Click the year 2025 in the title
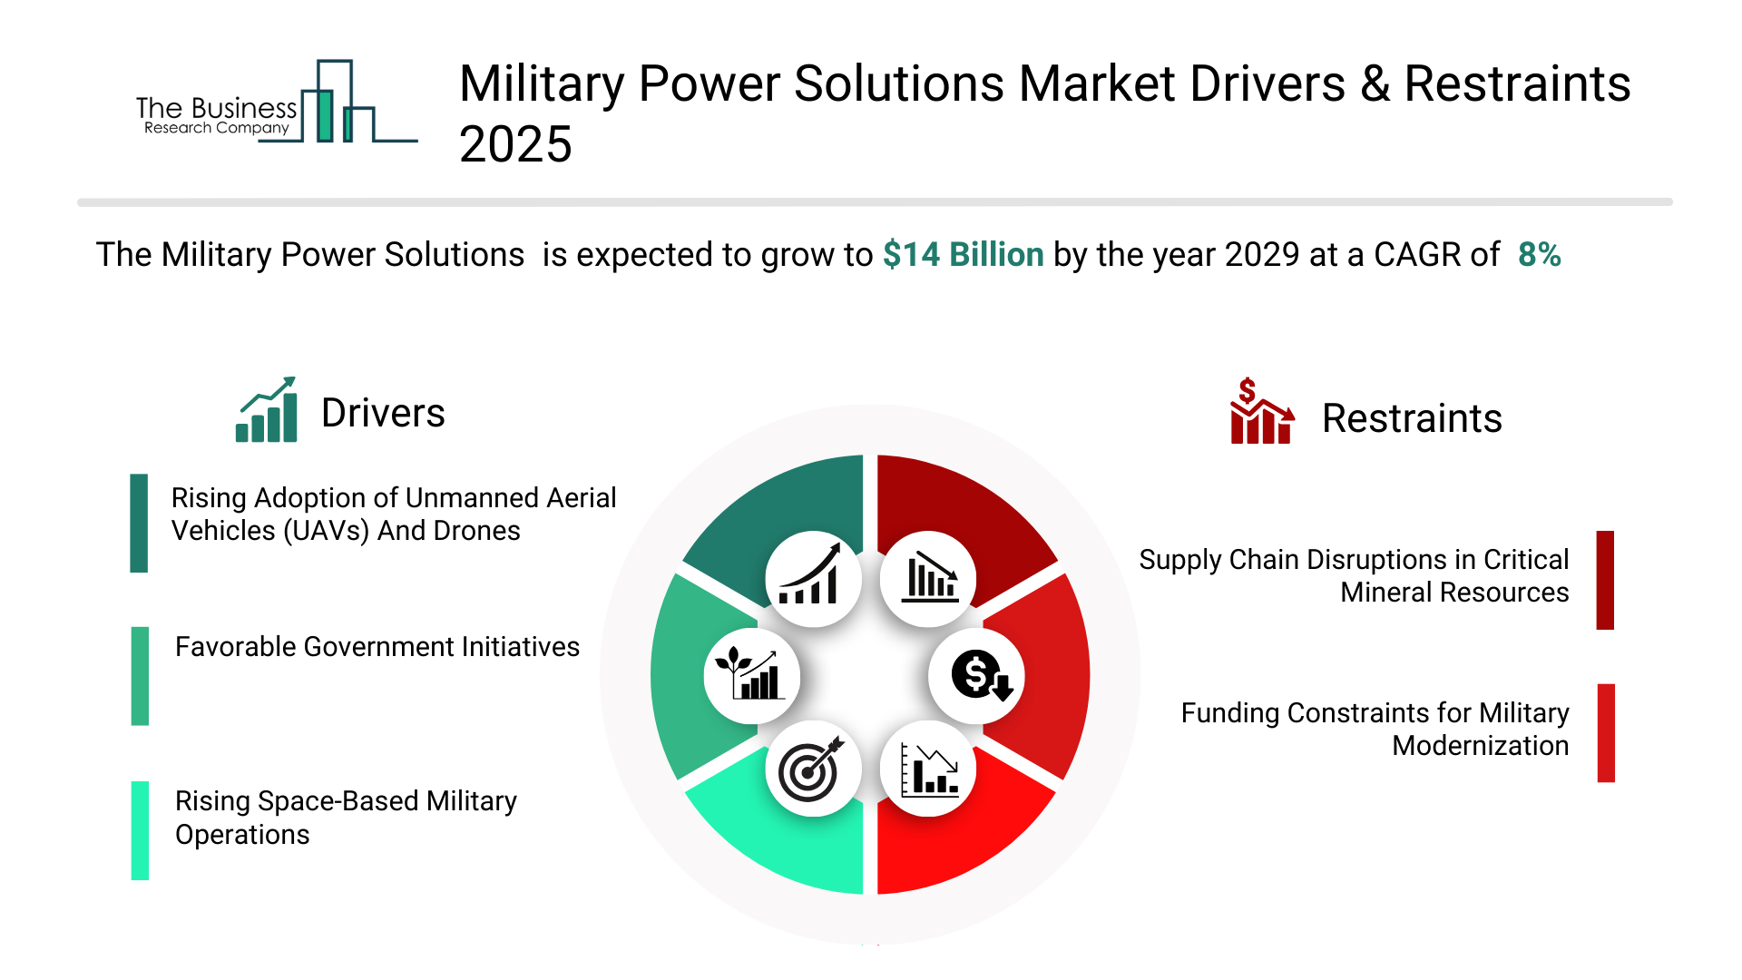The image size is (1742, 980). coord(515,144)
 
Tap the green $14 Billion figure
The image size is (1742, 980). coord(964,255)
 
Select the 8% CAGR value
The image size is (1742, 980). coord(1540,255)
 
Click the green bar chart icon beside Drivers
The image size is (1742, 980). coord(267,409)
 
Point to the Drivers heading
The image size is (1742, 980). coord(383,413)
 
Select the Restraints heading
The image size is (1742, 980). coord(1412,418)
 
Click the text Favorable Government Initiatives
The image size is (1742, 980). coord(377,647)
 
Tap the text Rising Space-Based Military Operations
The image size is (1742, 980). coord(346,818)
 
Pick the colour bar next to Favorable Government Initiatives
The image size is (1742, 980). coord(140,676)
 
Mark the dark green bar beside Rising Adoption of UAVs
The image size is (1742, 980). coord(139,523)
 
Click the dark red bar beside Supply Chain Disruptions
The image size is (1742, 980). coord(1605,580)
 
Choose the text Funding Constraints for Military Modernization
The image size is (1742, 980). coord(1375,730)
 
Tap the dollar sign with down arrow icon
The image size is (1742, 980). coord(977,676)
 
